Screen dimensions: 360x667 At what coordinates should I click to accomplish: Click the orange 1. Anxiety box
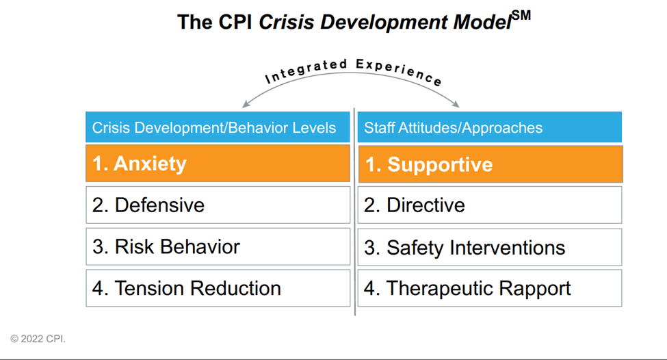(x=218, y=164)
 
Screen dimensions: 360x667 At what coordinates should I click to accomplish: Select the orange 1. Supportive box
(x=490, y=164)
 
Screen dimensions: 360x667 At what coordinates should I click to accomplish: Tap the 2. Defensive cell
(x=218, y=205)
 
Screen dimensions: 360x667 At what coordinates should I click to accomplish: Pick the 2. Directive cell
(x=490, y=205)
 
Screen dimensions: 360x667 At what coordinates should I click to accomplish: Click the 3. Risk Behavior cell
(x=218, y=246)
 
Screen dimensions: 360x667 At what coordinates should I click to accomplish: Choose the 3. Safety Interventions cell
(x=490, y=247)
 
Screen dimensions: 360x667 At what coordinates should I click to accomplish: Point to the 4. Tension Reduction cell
(x=218, y=288)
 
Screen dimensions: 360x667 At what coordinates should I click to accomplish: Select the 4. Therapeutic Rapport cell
(x=490, y=288)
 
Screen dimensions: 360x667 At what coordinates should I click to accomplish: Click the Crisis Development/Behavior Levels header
(x=218, y=127)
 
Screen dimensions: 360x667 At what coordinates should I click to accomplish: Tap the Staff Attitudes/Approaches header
(x=490, y=127)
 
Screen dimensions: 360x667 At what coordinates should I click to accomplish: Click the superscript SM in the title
(x=521, y=16)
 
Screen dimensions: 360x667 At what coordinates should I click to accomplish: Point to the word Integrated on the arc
(x=305, y=70)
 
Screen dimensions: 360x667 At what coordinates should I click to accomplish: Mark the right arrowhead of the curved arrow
(x=458, y=105)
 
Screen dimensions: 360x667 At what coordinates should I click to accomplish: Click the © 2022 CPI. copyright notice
(x=38, y=339)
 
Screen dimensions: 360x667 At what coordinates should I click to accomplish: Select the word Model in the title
(x=480, y=22)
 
